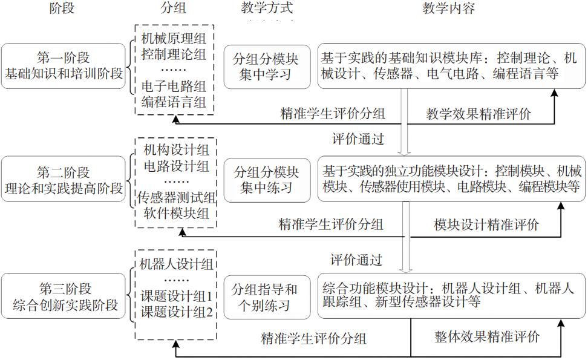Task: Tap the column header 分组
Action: pos(174,8)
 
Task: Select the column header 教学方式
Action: pos(266,8)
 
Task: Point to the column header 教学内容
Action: pos(448,8)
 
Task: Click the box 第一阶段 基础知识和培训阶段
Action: pos(64,66)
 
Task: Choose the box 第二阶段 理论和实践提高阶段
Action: pos(64,180)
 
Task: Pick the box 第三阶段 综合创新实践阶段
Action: pos(64,296)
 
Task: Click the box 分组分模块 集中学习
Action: pos(266,67)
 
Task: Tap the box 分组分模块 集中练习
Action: pos(266,180)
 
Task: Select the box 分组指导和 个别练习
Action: pos(266,296)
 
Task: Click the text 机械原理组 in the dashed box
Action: pos(174,39)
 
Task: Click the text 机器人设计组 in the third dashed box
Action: pos(175,265)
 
